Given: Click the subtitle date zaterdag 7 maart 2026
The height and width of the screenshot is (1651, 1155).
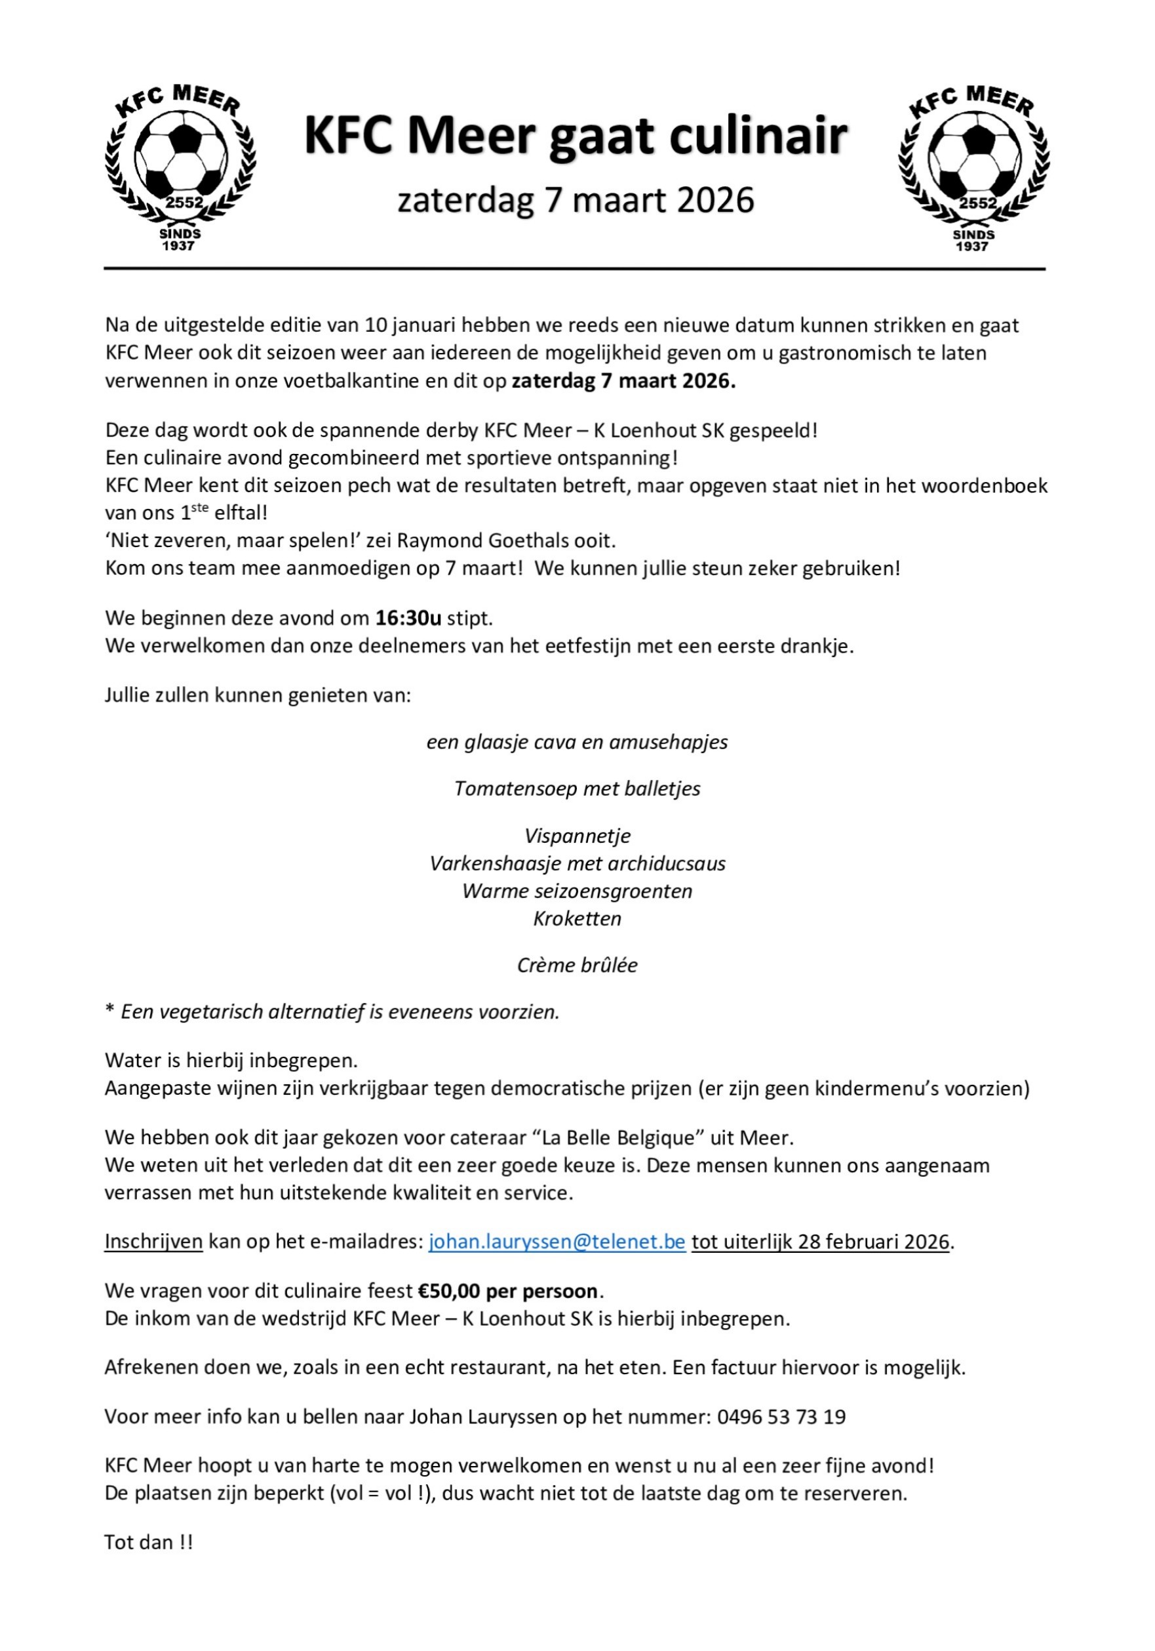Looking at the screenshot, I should [x=576, y=200].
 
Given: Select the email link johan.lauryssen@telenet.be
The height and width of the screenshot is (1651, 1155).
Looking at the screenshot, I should [x=557, y=1242].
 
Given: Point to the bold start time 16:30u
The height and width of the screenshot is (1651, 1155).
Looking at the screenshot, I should [x=408, y=618].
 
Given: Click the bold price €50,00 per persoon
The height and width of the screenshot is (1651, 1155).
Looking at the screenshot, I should [x=507, y=1291].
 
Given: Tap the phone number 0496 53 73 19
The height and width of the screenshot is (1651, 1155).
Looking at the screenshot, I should [x=781, y=1417].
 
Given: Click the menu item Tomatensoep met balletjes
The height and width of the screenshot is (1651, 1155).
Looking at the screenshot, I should [x=577, y=789].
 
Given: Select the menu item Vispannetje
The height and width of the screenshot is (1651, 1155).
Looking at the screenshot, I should [x=577, y=836].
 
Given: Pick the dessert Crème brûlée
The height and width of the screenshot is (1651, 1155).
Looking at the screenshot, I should [x=577, y=965].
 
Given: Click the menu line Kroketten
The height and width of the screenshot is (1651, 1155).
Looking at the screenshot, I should [x=577, y=918].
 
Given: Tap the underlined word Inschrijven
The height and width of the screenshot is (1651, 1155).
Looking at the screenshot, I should [x=154, y=1242].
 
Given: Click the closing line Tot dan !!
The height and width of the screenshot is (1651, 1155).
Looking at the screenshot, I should [x=149, y=1541].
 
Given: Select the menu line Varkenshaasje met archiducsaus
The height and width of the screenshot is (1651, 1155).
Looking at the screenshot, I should [x=577, y=863].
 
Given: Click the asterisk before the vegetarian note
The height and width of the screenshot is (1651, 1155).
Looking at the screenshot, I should [x=110, y=1010].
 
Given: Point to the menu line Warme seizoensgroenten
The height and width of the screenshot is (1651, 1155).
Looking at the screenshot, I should [x=577, y=891].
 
